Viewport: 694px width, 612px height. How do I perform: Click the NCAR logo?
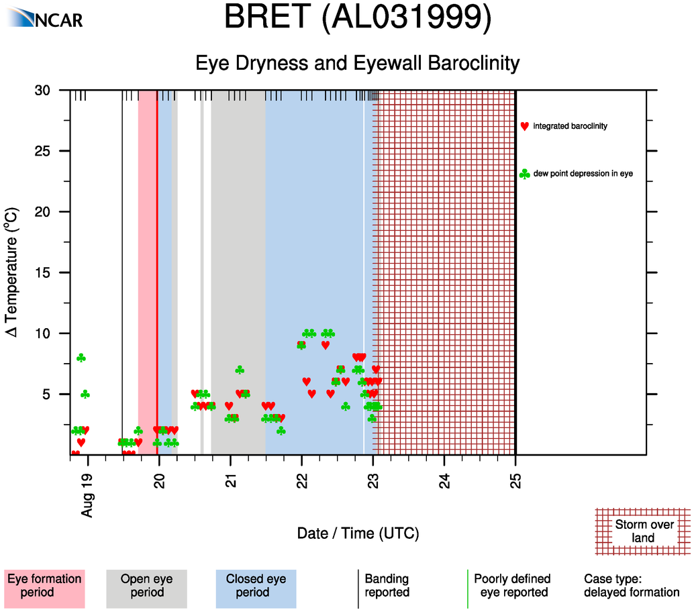[45, 18]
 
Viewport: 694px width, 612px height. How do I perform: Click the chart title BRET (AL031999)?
[358, 17]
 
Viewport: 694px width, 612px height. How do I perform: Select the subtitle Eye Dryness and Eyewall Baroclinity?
[358, 63]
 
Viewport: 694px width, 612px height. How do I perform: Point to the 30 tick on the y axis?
[42, 91]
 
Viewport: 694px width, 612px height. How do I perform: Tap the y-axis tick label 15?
[42, 272]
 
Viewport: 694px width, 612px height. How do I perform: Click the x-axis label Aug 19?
[87, 495]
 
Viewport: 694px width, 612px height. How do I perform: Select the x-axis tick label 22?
[302, 480]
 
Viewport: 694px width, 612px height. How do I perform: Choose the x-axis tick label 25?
[515, 480]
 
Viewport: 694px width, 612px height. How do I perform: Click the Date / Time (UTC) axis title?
[358, 533]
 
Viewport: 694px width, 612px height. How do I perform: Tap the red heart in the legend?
[524, 126]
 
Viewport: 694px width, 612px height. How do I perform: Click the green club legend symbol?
[524, 174]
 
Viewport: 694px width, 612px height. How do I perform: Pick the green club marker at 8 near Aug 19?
[81, 358]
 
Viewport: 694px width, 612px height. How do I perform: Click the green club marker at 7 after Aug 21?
[240, 370]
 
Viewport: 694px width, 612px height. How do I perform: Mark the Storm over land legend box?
[643, 531]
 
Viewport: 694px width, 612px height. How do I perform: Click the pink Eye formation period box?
[44, 589]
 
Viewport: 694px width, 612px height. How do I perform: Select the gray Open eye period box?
[146, 589]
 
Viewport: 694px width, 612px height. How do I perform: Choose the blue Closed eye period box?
[256, 589]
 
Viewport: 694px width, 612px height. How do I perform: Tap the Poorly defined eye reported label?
[513, 585]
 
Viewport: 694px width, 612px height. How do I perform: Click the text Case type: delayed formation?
[632, 585]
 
